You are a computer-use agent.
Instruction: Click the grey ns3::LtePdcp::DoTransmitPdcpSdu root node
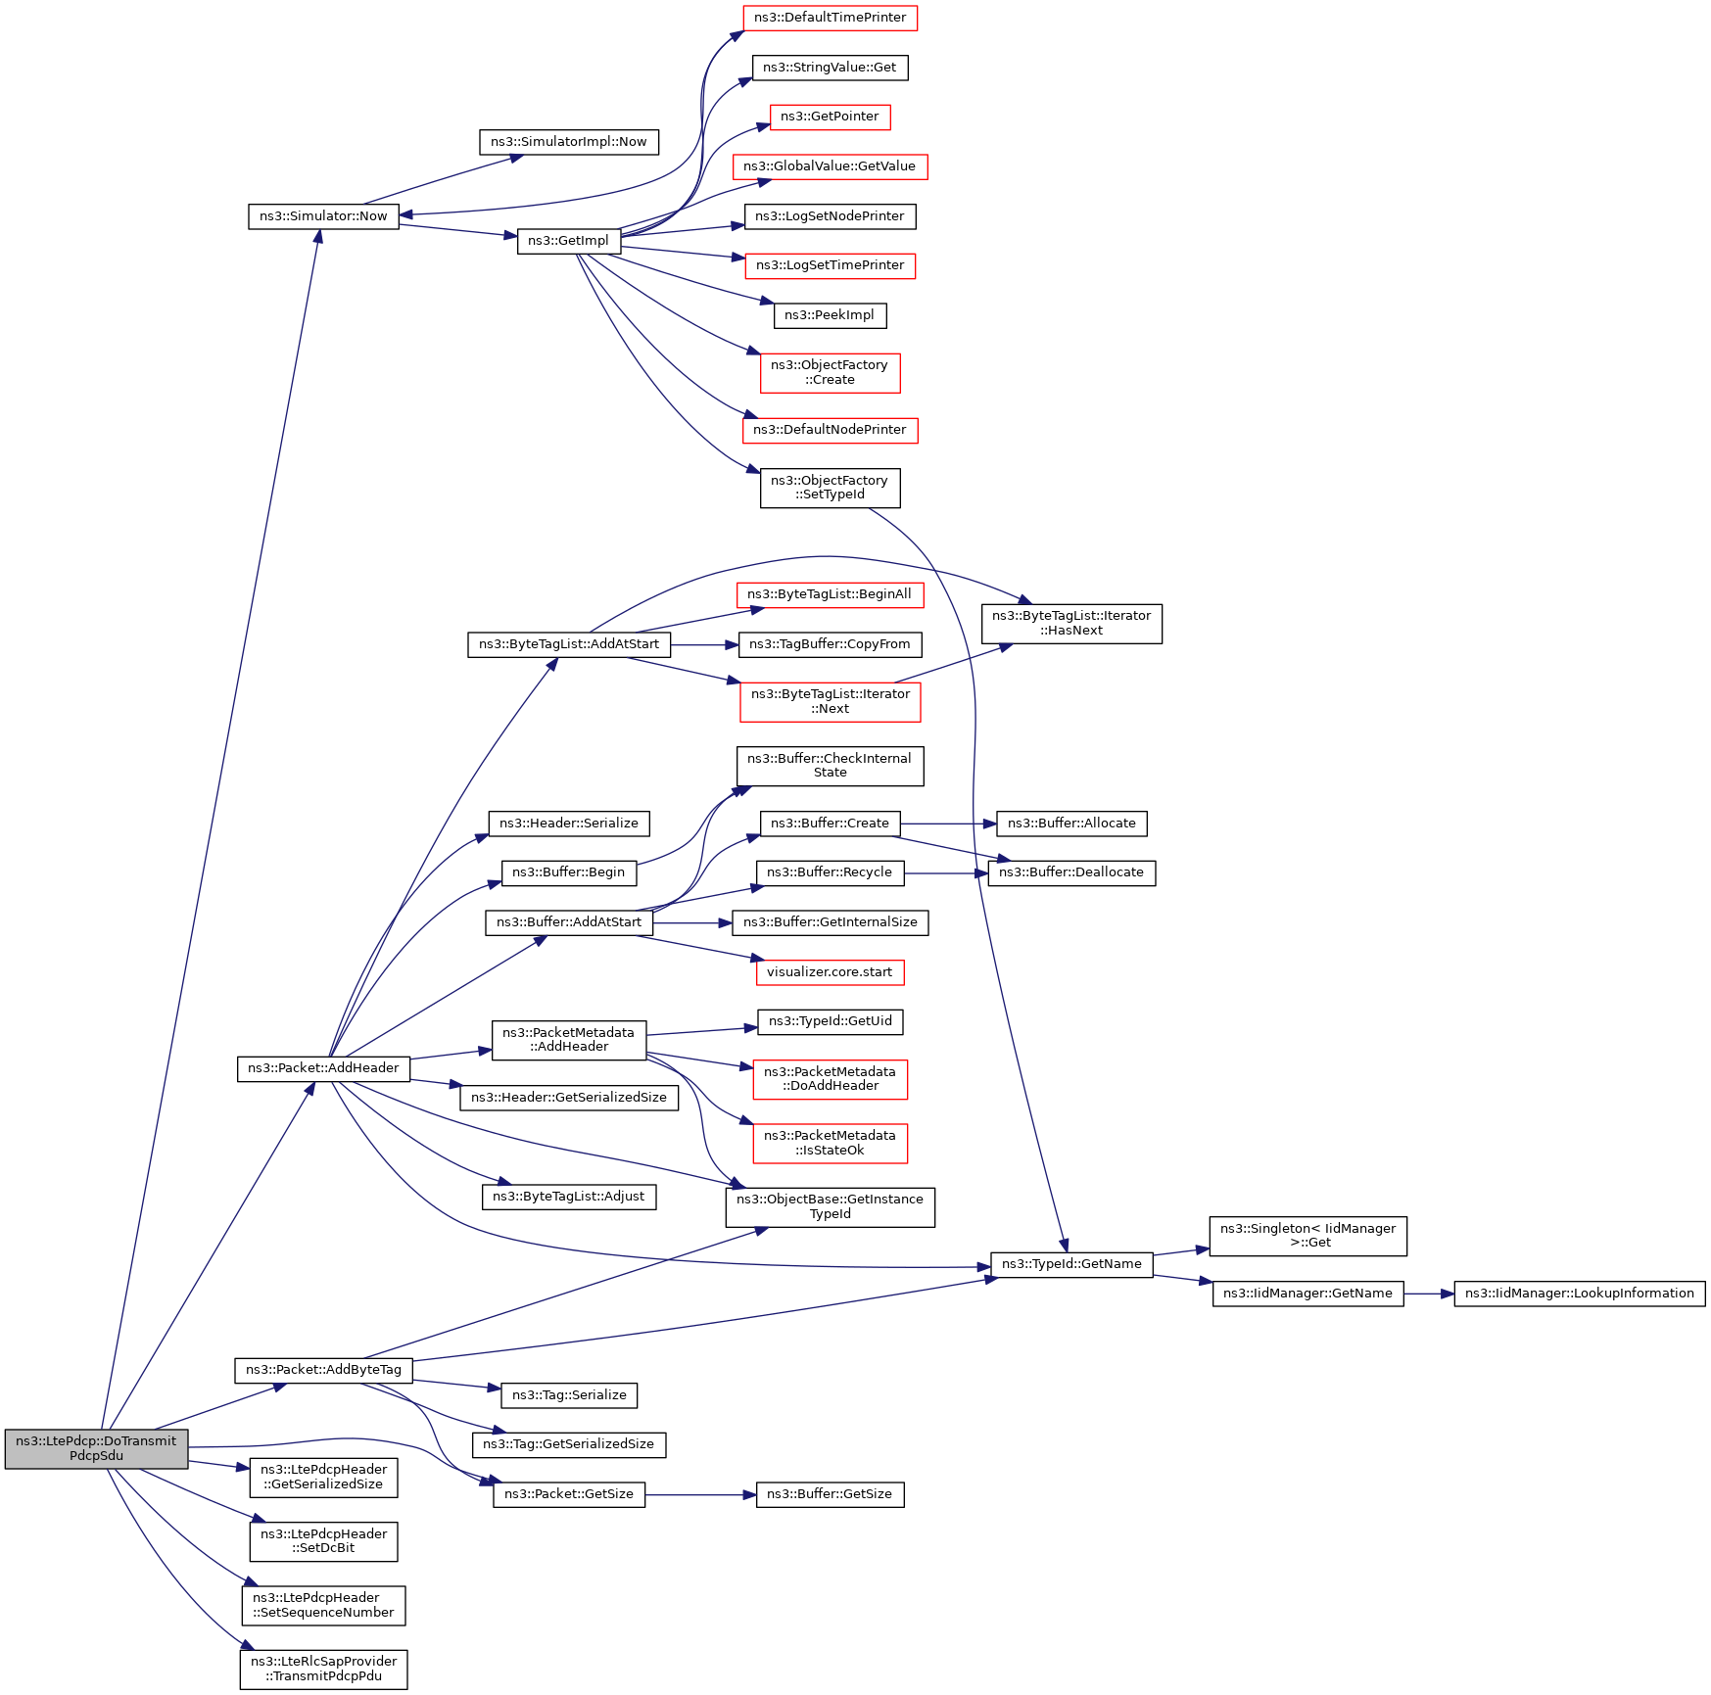click(96, 1448)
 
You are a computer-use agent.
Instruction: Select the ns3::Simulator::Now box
click(323, 216)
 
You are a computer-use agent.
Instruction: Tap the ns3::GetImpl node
click(568, 241)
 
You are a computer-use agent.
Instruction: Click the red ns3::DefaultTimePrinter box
click(830, 18)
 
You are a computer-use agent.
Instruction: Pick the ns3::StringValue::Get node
click(830, 68)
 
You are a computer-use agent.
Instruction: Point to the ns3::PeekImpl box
click(829, 315)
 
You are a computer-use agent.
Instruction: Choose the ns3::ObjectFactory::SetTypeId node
click(830, 488)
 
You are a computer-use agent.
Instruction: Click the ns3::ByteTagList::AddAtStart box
click(569, 644)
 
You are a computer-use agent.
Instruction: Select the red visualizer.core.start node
click(830, 972)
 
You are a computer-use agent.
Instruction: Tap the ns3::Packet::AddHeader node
click(323, 1068)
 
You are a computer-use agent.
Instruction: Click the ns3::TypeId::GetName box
click(1071, 1264)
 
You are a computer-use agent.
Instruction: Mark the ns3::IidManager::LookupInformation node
click(1579, 1294)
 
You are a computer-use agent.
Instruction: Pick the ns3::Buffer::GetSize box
click(830, 1494)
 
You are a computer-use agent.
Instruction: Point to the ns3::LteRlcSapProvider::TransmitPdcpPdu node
click(323, 1669)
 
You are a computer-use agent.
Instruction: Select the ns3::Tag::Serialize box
click(569, 1394)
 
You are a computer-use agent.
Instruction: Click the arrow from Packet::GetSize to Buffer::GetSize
click(700, 1495)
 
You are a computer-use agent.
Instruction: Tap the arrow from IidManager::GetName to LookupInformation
click(1429, 1294)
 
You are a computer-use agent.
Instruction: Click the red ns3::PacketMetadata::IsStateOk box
click(830, 1143)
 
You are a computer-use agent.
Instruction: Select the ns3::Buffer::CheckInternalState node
click(830, 766)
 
